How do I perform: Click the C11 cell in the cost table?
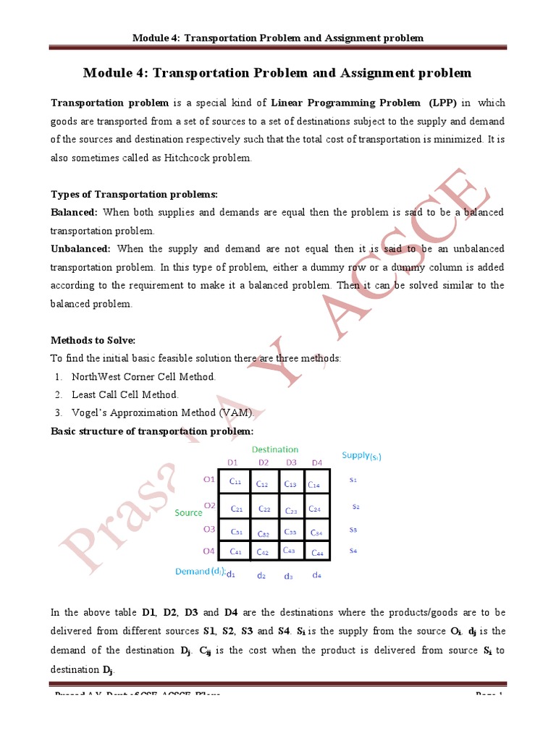pyautogui.click(x=236, y=482)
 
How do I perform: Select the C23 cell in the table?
pyautogui.click(x=291, y=509)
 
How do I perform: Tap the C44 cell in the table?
pyautogui.click(x=316, y=552)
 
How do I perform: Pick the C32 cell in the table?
pyautogui.click(x=264, y=533)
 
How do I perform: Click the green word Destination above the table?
pyautogui.click(x=274, y=449)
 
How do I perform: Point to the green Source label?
pyautogui.click(x=189, y=512)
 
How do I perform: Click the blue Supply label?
pyautogui.click(x=361, y=456)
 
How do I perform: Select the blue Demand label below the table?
pyautogui.click(x=199, y=572)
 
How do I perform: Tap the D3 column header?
pyautogui.click(x=291, y=462)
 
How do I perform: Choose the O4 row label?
pyautogui.click(x=209, y=551)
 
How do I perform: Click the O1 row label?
pyautogui.click(x=209, y=478)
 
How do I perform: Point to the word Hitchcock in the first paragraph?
pyautogui.click(x=195, y=158)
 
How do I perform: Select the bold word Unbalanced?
pyautogui.click(x=80, y=249)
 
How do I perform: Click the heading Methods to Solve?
pyautogui.click(x=93, y=340)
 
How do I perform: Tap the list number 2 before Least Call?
pyautogui.click(x=57, y=395)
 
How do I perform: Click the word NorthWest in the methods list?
pyautogui.click(x=96, y=377)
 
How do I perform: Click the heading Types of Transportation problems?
pyautogui.click(x=134, y=195)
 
